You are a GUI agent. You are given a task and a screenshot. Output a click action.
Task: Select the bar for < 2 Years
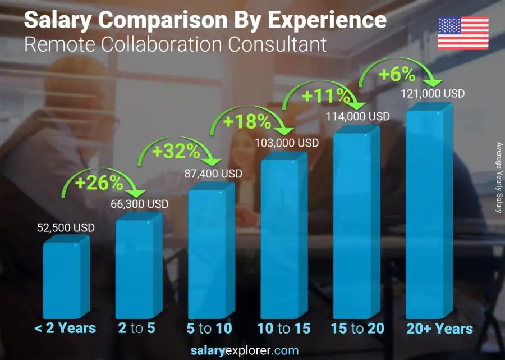coord(65,278)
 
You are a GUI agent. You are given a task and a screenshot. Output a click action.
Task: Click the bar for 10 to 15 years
coord(283,236)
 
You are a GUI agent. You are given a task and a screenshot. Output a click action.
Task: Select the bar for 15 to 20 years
coord(356,225)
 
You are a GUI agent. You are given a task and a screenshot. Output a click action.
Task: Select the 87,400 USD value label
coord(214,174)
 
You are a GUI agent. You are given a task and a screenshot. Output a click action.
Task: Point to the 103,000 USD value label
coord(286,143)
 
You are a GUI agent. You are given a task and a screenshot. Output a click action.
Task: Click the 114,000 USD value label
coord(358,116)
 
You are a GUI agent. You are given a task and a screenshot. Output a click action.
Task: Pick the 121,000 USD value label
coord(433,94)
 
